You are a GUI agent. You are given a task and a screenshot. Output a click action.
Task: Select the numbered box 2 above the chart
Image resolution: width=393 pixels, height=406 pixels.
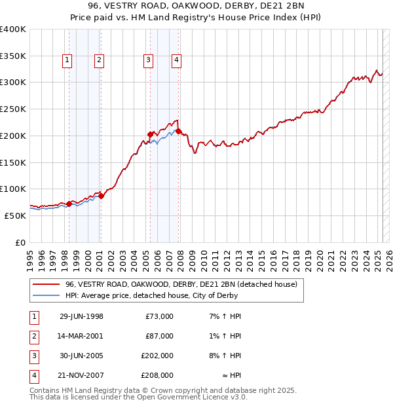98,61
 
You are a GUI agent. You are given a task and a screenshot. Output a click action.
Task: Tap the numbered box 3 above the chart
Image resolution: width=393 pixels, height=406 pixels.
148,61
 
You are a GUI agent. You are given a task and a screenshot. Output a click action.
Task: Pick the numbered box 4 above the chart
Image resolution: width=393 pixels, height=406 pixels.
176,61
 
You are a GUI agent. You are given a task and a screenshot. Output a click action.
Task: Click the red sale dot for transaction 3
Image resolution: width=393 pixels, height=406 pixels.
150,134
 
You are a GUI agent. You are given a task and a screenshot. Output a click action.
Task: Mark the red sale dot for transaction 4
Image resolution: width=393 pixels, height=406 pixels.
178,131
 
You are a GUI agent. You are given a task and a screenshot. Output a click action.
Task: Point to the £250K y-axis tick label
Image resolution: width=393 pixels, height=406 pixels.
13,109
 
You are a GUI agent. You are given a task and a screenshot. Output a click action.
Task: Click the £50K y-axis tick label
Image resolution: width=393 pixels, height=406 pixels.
16,215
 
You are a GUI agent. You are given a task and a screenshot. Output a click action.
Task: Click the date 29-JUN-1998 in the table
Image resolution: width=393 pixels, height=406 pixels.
81,317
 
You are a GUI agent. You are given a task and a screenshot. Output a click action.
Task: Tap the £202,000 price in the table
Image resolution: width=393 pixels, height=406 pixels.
157,356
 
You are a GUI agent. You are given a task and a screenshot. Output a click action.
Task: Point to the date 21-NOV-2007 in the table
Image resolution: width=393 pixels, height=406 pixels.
81,376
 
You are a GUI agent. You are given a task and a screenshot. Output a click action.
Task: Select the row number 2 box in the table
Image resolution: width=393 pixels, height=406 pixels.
33,337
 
